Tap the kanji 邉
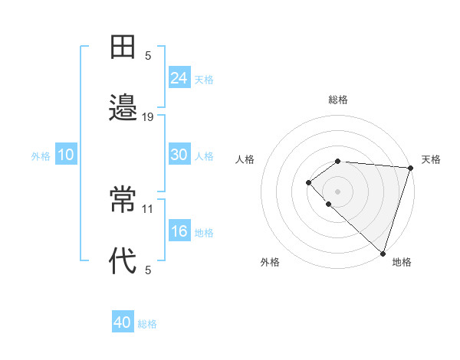[123, 107]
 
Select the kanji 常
[123, 199]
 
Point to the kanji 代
[123, 260]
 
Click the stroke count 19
[148, 117]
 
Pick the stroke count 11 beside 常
[148, 208]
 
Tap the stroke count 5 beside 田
[148, 56]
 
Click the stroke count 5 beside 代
[148, 270]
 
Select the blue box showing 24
[179, 77]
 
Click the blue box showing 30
[179, 155]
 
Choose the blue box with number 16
[179, 231]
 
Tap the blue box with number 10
[66, 155]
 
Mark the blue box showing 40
[123, 322]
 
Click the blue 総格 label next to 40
[148, 324]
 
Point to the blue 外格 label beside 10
[41, 156]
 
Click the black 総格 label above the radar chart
[338, 100]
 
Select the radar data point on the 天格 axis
[410, 168]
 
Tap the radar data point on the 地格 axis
[383, 253]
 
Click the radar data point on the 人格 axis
[308, 182]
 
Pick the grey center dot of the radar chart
[337, 191]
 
